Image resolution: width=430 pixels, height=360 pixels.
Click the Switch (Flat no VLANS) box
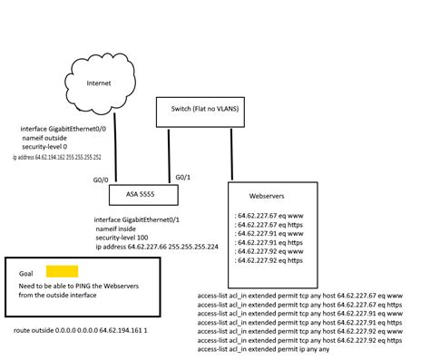point(210,112)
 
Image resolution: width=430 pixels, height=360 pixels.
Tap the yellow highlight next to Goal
point(63,271)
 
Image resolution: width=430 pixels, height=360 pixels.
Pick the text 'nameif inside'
point(122,229)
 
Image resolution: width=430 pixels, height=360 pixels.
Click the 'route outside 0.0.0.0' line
point(81,331)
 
